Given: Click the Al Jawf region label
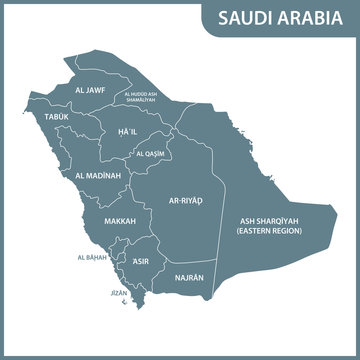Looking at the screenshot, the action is pyautogui.click(x=91, y=89).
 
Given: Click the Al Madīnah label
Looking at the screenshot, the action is pyautogui.click(x=98, y=175).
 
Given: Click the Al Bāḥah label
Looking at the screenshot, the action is pyautogui.click(x=91, y=257).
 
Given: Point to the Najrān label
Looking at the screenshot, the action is pyautogui.click(x=189, y=277).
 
